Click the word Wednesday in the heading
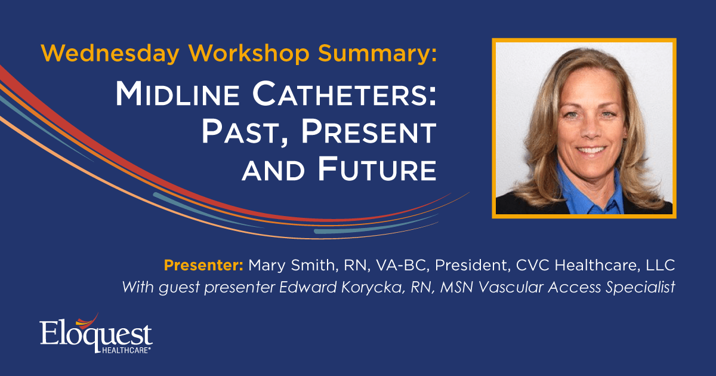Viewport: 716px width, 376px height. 110,54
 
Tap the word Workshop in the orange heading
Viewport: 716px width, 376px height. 249,54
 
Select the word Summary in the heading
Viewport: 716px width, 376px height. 375,54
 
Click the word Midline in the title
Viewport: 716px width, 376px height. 177,94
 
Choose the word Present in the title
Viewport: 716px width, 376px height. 369,132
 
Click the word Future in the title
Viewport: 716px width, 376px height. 377,169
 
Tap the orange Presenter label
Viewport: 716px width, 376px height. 203,265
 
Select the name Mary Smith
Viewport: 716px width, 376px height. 291,266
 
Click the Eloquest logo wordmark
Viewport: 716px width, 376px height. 96,334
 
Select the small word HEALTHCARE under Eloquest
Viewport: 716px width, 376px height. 126,350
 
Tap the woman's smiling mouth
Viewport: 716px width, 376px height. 591,150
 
